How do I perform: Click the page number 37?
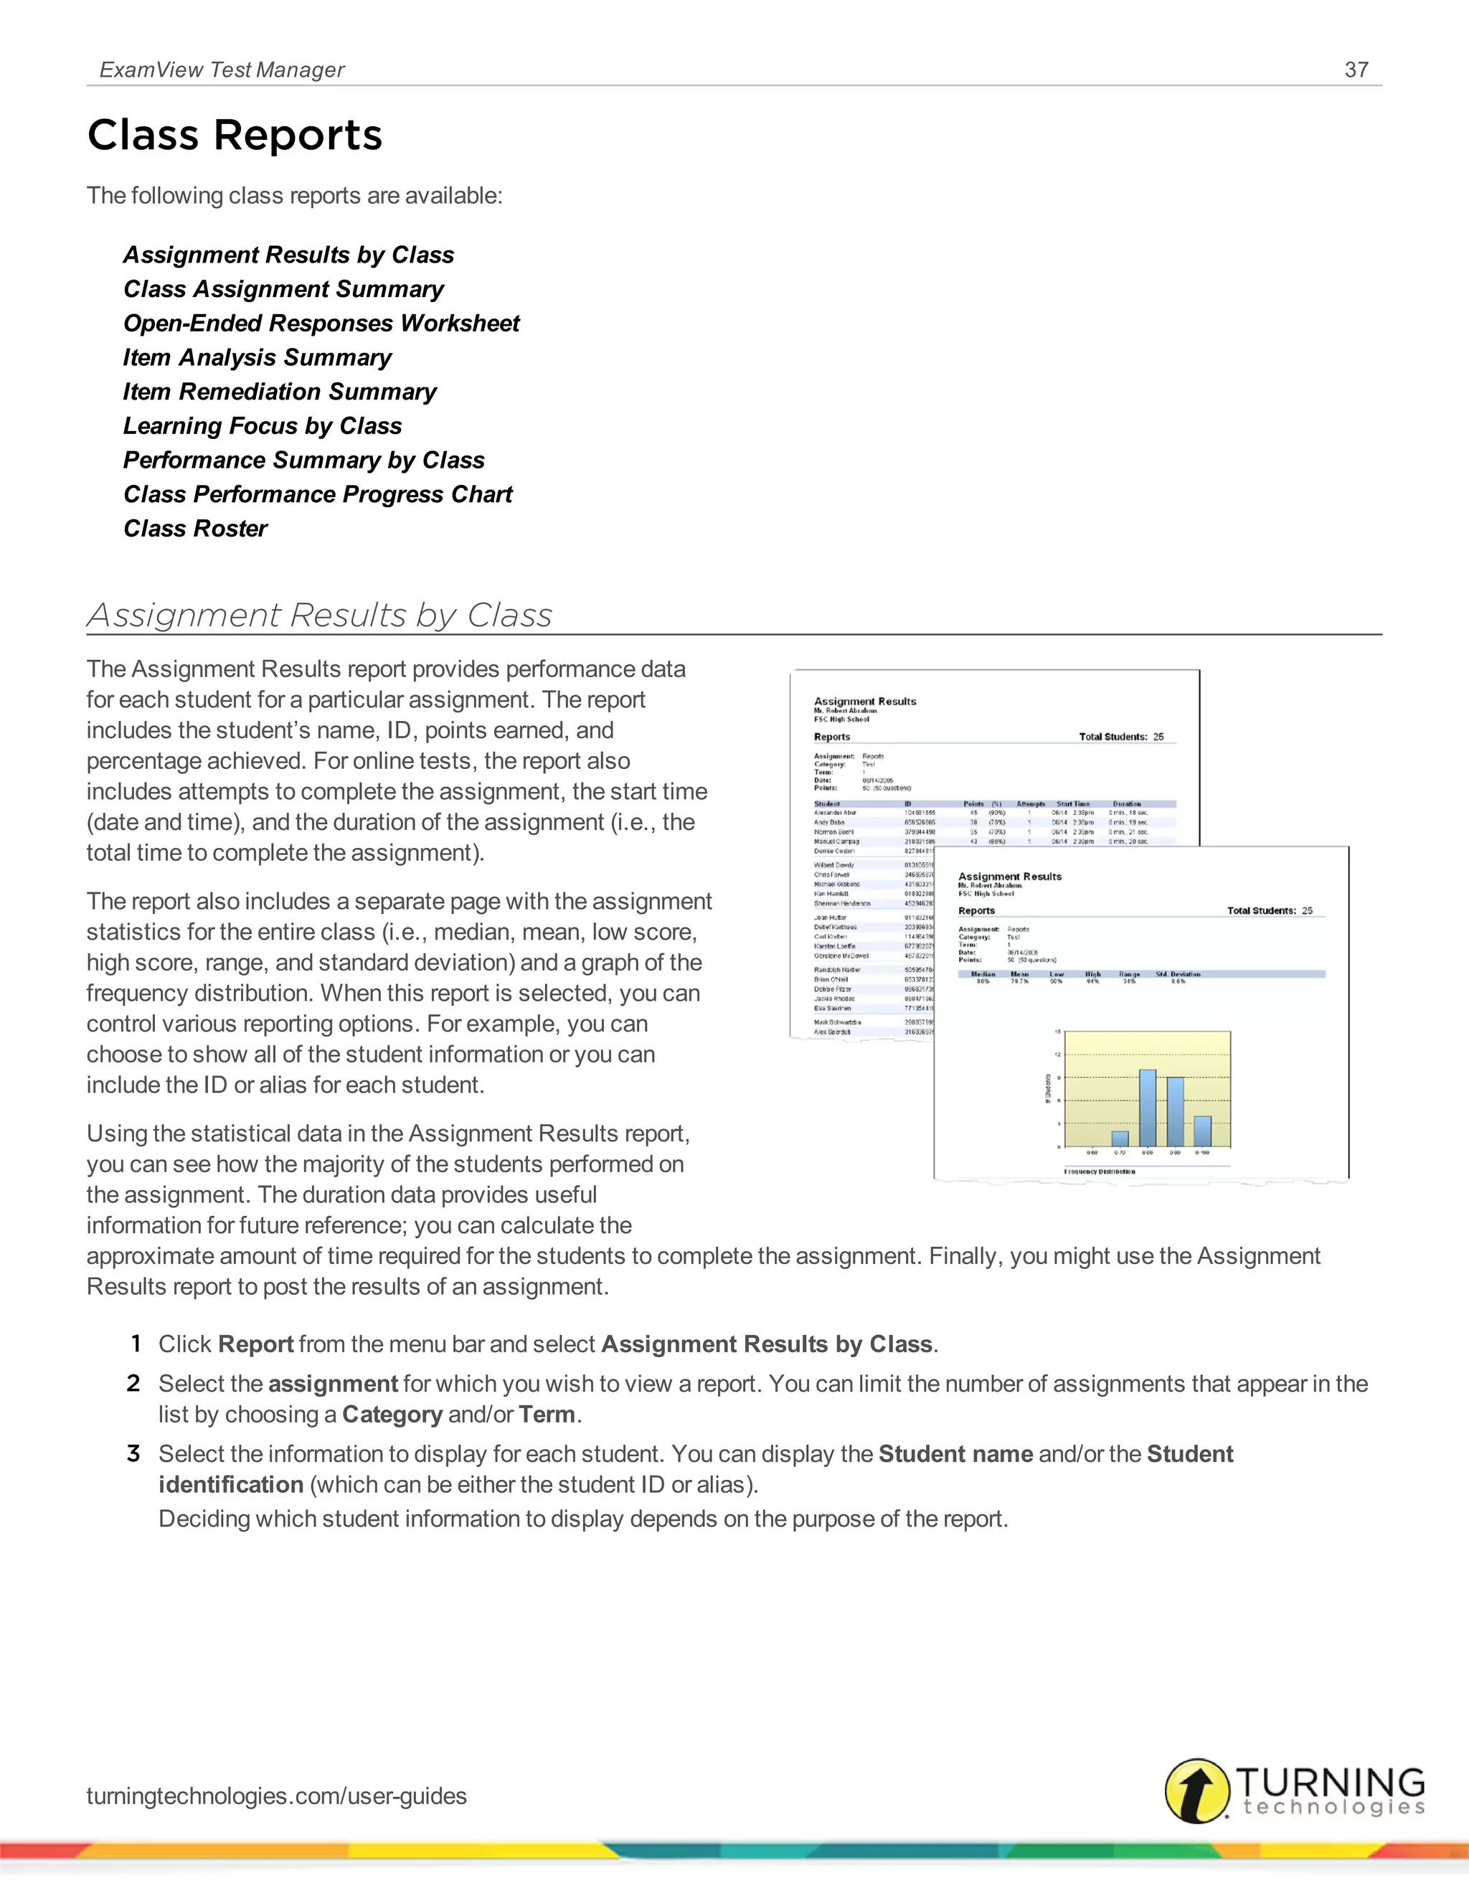(1356, 70)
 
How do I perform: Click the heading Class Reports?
(235, 136)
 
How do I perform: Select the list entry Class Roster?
(196, 529)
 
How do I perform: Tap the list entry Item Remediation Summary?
(279, 392)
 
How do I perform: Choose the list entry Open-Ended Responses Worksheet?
(321, 323)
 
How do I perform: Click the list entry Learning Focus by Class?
(262, 425)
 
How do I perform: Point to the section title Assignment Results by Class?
(319, 615)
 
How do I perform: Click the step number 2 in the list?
(133, 1383)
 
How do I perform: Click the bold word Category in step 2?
(392, 1415)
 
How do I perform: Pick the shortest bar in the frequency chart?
(1120, 1138)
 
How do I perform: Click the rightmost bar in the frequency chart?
(1203, 1131)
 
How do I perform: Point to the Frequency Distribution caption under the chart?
(1099, 1171)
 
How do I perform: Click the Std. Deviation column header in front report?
(1178, 974)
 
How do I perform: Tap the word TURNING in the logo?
(1330, 1782)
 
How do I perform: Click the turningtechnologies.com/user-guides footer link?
(277, 1796)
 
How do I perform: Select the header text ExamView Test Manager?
(222, 70)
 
